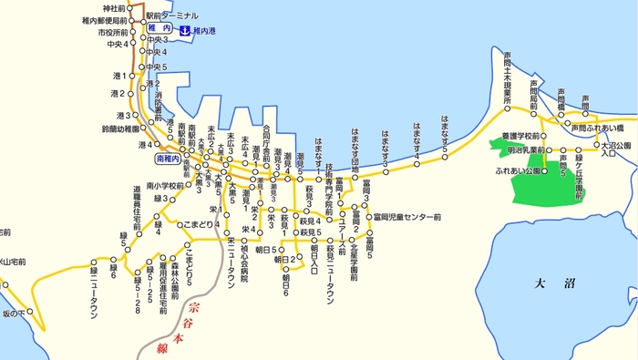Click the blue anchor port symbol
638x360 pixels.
click(183, 30)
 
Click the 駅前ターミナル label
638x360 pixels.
click(181, 17)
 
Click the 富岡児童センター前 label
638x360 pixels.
click(407, 217)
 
